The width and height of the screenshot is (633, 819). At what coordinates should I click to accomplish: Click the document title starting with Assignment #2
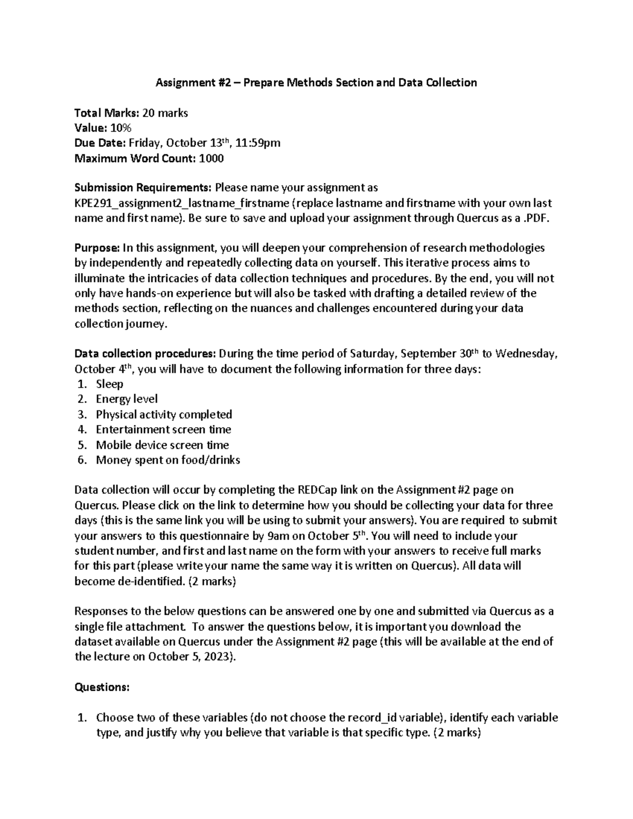tap(315, 82)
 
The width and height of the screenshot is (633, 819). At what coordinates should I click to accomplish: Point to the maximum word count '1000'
tap(211, 158)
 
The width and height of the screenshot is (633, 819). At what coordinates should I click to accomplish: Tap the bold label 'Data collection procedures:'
tap(145, 354)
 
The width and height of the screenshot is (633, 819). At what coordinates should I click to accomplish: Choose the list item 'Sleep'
tap(110, 384)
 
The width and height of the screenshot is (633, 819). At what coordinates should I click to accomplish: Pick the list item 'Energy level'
tap(127, 399)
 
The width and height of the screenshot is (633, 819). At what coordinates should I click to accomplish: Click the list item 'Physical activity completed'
tap(164, 415)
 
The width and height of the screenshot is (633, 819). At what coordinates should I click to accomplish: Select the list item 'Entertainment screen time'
tap(164, 429)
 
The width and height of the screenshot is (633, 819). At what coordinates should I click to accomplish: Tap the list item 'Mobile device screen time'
tap(162, 445)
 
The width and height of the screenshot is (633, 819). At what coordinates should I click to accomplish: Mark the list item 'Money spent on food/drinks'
tap(168, 460)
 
